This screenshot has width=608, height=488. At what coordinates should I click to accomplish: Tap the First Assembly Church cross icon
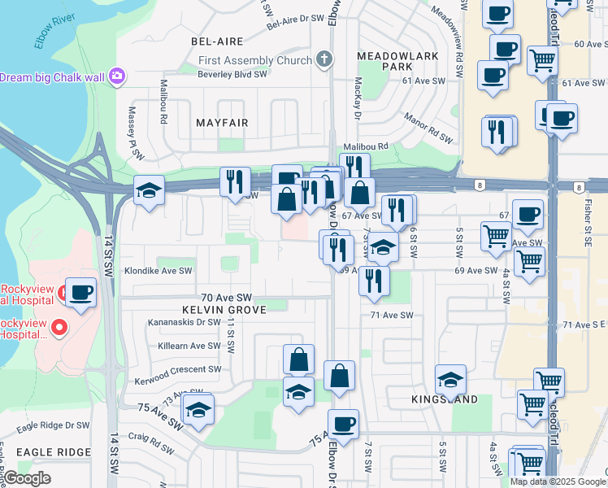click(324, 59)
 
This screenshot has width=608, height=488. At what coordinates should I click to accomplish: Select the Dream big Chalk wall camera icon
click(118, 76)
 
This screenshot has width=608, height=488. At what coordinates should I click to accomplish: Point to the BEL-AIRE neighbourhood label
click(213, 40)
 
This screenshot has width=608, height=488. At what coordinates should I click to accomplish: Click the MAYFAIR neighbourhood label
click(222, 122)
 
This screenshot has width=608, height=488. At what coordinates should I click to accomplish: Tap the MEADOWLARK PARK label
click(397, 60)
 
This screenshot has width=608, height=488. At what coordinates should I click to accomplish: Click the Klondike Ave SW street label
click(158, 271)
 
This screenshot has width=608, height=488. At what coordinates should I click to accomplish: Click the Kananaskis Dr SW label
click(185, 322)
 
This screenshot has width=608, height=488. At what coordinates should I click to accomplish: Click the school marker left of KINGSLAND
click(450, 379)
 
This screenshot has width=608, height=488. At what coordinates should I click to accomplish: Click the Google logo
click(27, 478)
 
